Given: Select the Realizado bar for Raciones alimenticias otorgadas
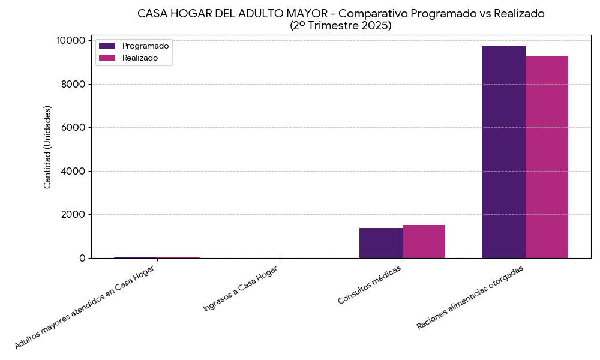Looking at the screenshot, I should click(x=547, y=157).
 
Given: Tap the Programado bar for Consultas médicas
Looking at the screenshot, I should click(x=380, y=243).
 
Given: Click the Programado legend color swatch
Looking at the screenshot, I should click(x=107, y=46).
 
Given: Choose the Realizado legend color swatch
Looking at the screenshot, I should click(x=107, y=58).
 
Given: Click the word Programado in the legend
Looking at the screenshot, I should click(x=145, y=46).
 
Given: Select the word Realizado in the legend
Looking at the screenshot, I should click(x=140, y=58).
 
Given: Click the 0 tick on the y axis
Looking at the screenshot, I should click(x=82, y=258).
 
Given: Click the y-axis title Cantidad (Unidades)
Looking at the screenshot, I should click(x=47, y=147).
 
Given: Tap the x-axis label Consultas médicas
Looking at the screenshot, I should click(x=370, y=284).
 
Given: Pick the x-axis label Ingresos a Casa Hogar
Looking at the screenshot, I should click(x=241, y=288).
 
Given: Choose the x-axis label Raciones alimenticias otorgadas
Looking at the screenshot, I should click(x=470, y=297).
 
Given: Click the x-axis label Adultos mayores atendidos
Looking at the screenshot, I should click(x=84, y=308).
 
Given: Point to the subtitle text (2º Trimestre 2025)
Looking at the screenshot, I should click(x=340, y=26).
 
